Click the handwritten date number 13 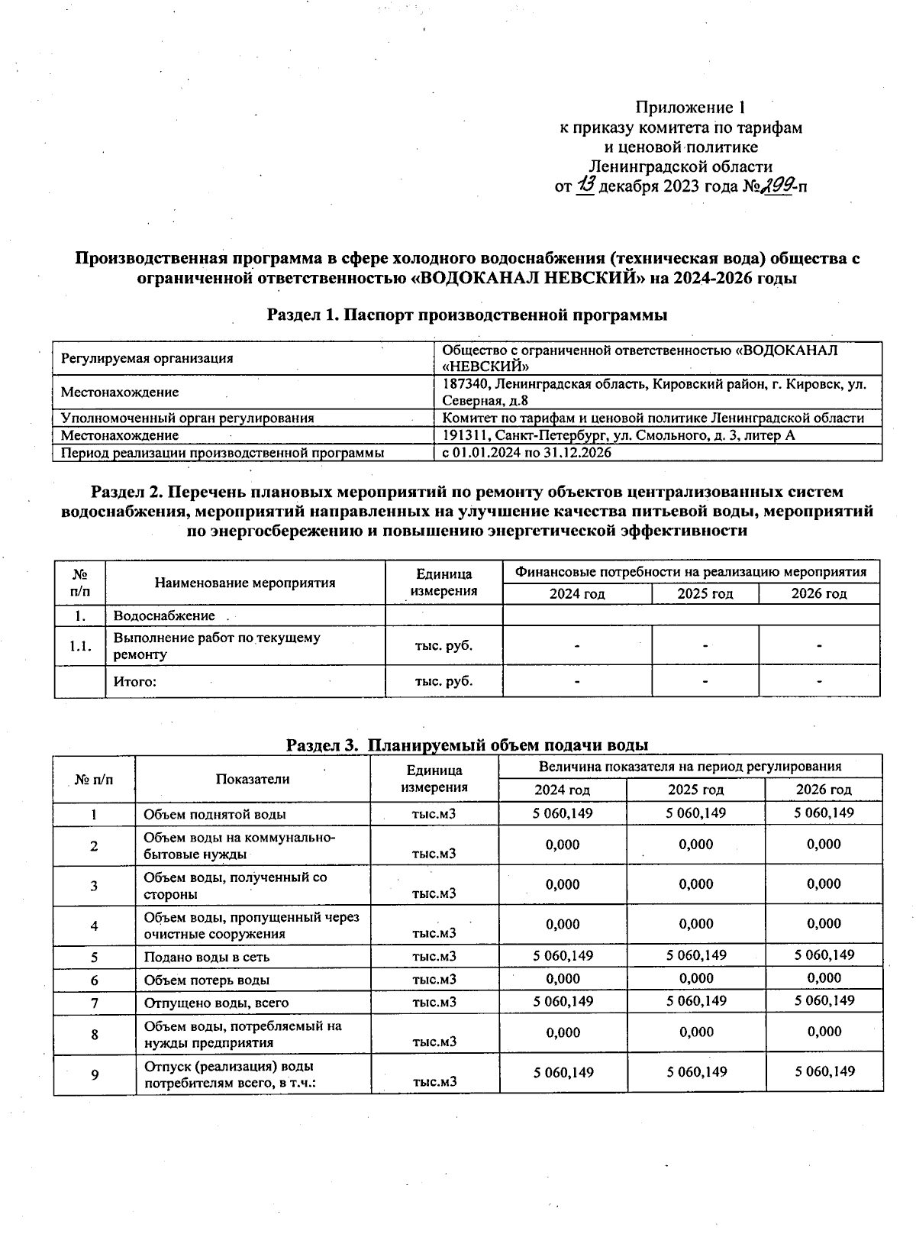(x=586, y=185)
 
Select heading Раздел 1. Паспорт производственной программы (x=467, y=315)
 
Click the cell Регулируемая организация (x=147, y=358)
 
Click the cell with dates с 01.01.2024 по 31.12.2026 (x=527, y=453)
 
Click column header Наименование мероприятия (x=245, y=583)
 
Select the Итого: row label (x=135, y=681)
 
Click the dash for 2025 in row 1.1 (x=705, y=646)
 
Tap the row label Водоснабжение (x=164, y=615)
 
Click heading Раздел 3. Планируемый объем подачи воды (x=467, y=745)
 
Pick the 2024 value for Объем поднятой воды (x=563, y=812)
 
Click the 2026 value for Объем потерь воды (x=824, y=978)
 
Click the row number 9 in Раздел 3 (x=95, y=1074)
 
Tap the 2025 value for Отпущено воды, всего (x=695, y=1000)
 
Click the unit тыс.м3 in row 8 (x=434, y=1042)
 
